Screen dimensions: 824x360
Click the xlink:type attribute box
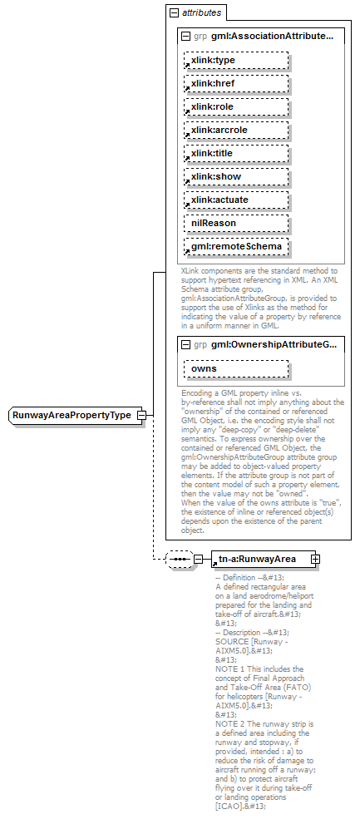(x=236, y=61)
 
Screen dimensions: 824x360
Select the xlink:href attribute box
(x=236, y=84)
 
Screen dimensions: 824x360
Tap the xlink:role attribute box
(x=236, y=107)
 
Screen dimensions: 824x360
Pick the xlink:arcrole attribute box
(x=236, y=131)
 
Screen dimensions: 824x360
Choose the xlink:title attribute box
(x=236, y=154)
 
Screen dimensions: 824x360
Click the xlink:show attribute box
(x=236, y=177)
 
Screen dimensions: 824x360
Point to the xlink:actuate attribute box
(x=236, y=200)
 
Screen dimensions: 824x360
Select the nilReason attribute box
(x=236, y=224)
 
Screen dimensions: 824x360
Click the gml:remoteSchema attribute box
(x=236, y=247)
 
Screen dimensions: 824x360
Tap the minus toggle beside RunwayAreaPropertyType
(x=141, y=415)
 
